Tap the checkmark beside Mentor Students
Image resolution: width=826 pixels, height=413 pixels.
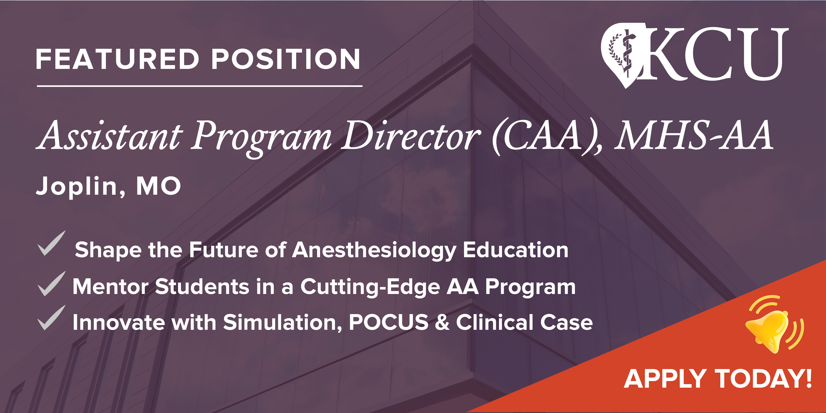click(51, 284)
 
